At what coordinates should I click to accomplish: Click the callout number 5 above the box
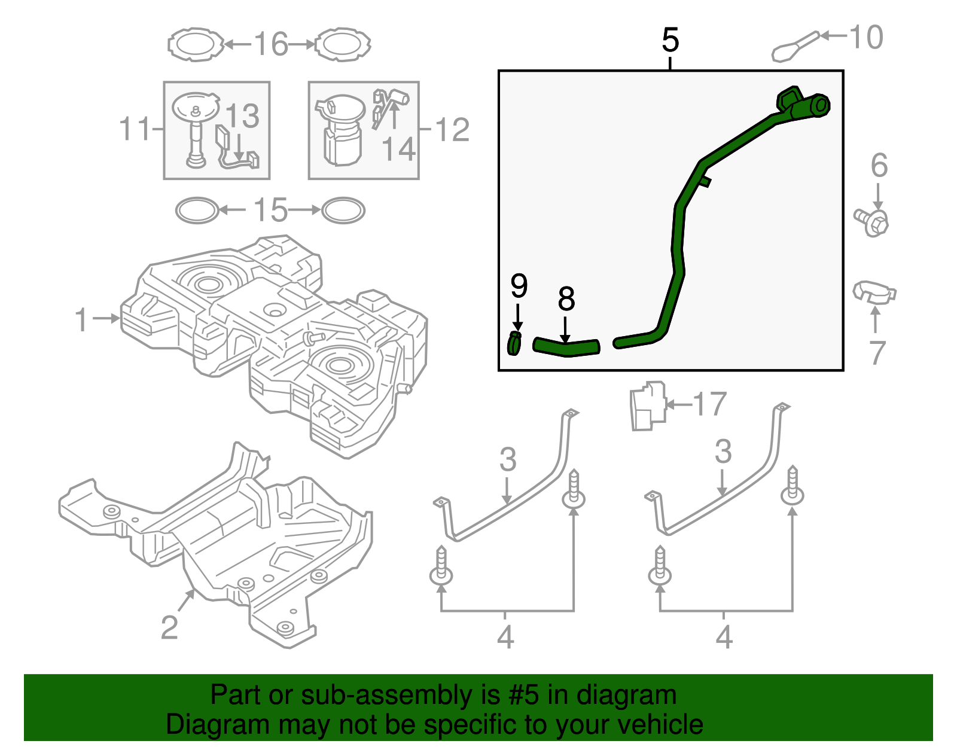point(670,41)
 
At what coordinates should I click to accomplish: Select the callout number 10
point(865,37)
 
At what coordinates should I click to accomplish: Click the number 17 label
point(709,405)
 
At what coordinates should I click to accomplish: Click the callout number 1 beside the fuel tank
point(81,320)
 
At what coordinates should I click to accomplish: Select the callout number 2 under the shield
point(169,627)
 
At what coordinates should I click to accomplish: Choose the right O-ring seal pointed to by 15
point(343,211)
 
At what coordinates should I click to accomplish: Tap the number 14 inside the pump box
point(398,150)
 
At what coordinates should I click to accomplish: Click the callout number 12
point(452,130)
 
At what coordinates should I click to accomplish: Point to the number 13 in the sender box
point(242,116)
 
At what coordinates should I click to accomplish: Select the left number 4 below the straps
point(505,638)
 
